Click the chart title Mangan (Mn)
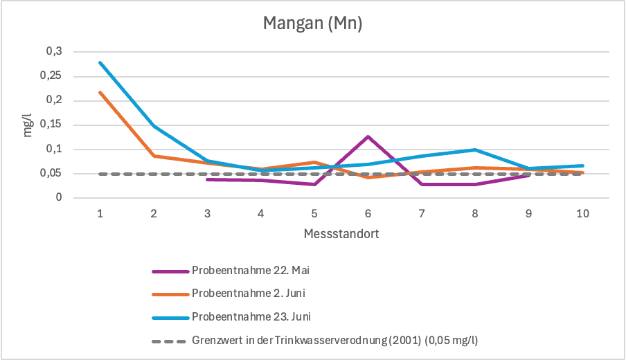pos(313,24)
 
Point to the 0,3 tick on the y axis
pos(54,51)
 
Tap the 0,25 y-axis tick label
pos(51,76)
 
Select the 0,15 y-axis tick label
pos(51,125)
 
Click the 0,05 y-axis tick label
pos(51,174)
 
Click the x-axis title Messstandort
pos(341,234)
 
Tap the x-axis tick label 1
pos(100,213)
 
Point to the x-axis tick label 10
pos(582,213)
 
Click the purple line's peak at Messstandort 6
pos(368,136)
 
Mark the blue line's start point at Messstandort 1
pos(100,62)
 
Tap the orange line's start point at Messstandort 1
pos(100,92)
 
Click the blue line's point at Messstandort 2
pos(154,126)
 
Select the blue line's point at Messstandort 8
pos(475,150)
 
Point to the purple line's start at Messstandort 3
pos(208,179)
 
